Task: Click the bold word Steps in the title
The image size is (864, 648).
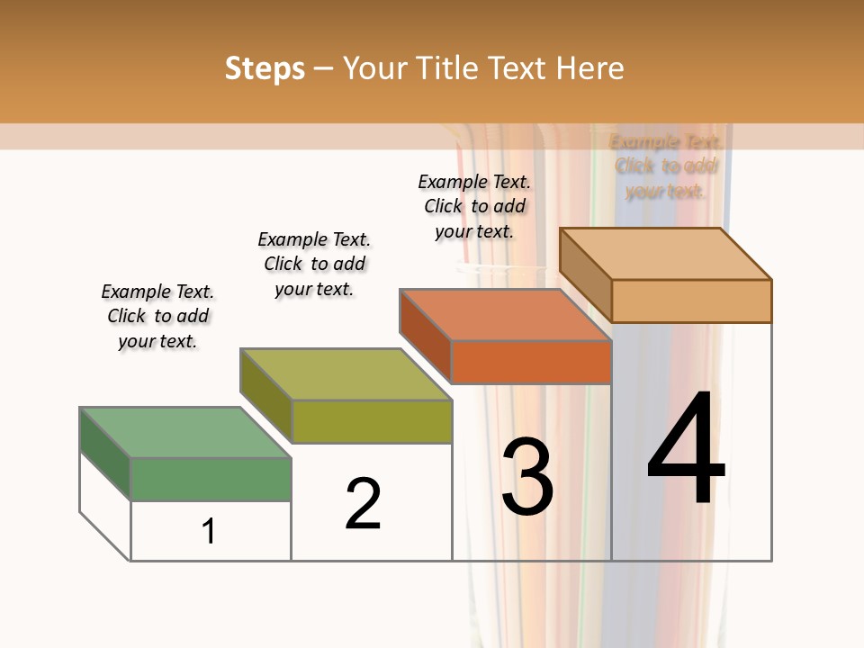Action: [x=264, y=68]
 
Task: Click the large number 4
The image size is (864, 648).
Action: [x=686, y=450]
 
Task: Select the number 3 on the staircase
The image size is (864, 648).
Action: [x=527, y=477]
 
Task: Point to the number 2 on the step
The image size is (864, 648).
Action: [x=364, y=504]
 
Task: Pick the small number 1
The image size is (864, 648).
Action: [x=209, y=532]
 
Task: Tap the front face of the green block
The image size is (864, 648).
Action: [x=211, y=479]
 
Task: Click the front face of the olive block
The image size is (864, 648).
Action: [x=371, y=421]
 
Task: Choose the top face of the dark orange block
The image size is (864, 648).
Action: [x=504, y=315]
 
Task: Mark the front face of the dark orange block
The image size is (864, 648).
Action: [x=531, y=362]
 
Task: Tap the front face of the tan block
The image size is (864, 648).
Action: [x=691, y=301]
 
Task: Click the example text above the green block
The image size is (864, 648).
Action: [x=157, y=316]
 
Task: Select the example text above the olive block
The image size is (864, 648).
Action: [x=314, y=264]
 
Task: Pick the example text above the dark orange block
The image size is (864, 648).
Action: [x=474, y=206]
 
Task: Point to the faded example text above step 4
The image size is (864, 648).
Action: [x=666, y=166]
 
